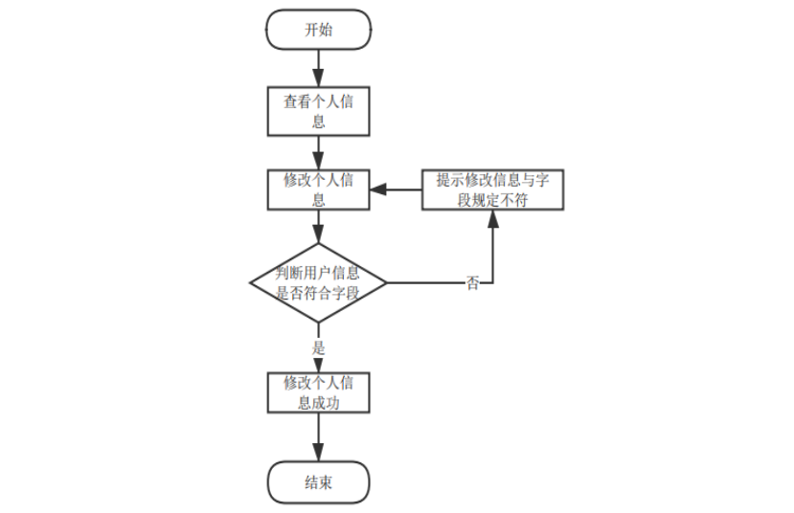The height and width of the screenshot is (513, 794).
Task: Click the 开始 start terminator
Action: pos(318,30)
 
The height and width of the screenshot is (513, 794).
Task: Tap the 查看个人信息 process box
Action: pos(318,112)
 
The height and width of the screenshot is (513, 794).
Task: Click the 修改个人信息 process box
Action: pos(318,190)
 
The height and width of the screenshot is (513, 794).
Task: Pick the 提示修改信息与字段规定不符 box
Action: pos(493,190)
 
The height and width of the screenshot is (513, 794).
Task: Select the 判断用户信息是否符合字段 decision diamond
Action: pos(318,283)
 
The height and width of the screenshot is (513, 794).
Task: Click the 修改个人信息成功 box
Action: pos(318,392)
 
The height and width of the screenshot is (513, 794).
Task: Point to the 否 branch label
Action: pos(472,284)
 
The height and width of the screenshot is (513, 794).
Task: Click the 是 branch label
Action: pos(319,348)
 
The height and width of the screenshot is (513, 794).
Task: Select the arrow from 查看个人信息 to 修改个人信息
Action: pos(318,151)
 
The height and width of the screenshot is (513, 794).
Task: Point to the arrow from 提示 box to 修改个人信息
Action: pos(397,190)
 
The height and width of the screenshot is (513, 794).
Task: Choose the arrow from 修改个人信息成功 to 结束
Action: pos(318,437)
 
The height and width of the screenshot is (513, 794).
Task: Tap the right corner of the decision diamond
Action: pos(385,283)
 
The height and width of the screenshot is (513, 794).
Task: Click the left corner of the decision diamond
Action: pos(251,283)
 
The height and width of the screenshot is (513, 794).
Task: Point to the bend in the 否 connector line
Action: pos(493,283)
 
